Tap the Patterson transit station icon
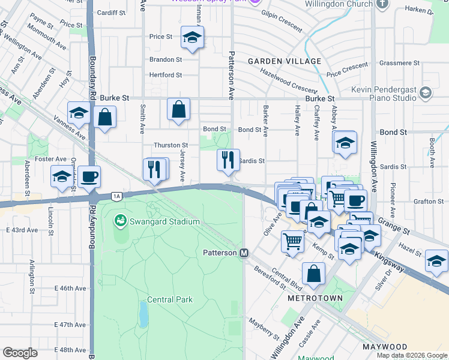[244, 253]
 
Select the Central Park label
[170, 299]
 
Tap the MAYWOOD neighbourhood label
[385, 347]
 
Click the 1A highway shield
[117, 196]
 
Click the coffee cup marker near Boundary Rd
[89, 176]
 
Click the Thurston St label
[171, 145]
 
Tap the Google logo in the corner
[20, 352]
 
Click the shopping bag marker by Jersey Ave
[178, 109]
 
